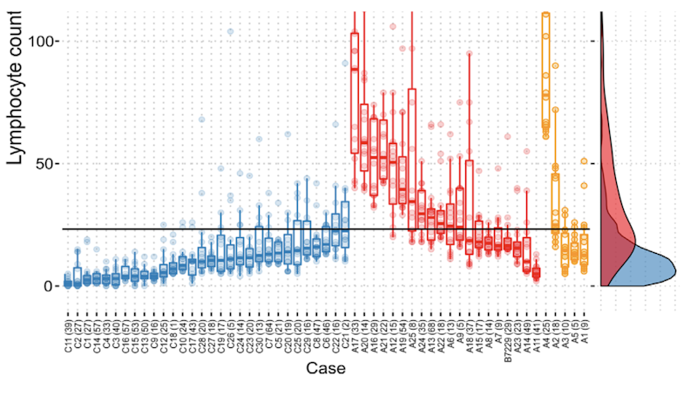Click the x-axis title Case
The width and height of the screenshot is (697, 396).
coord(326,370)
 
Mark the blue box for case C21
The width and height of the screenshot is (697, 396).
coord(345,225)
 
